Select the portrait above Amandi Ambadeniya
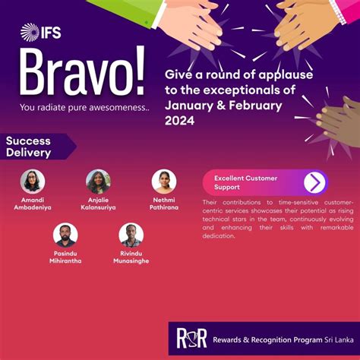tap(33, 182)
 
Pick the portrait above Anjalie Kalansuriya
tap(98, 182)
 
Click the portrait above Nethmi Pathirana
tap(164, 182)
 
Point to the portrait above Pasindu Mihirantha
tap(65, 235)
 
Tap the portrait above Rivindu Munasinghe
tap(131, 235)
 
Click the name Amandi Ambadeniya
tap(33, 204)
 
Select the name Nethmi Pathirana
tap(164, 204)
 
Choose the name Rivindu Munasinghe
tap(131, 257)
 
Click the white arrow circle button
tap(314, 182)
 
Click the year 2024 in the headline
tap(179, 122)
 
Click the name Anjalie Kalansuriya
tap(98, 204)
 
